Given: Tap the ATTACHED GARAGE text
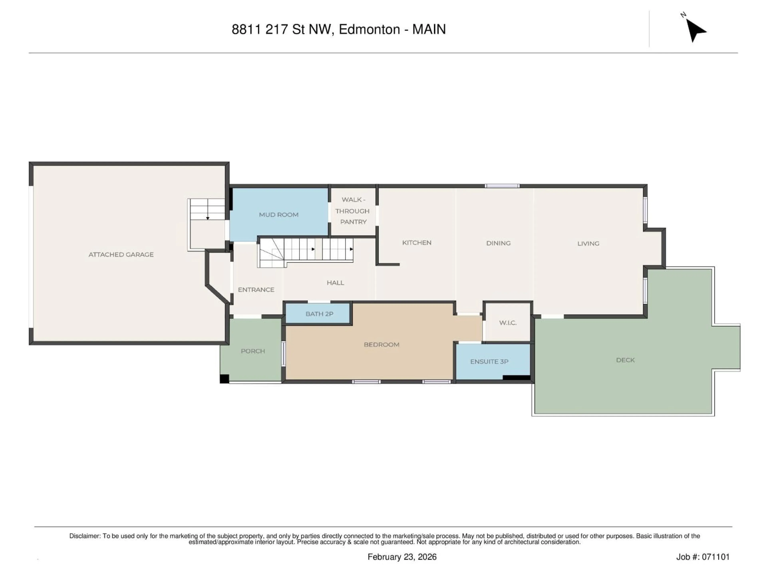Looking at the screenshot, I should [121, 254].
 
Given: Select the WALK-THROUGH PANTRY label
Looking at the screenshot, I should [353, 211].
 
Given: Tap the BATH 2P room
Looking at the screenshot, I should [319, 314].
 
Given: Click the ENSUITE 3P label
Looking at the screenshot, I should [489, 362].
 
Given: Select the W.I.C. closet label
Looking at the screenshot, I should [508, 323].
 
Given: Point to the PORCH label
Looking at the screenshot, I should [253, 351].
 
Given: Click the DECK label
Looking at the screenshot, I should [625, 360].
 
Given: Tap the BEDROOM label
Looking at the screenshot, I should [382, 345].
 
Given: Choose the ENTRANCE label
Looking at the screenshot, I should [256, 289].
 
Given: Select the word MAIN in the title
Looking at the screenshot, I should [429, 30].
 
